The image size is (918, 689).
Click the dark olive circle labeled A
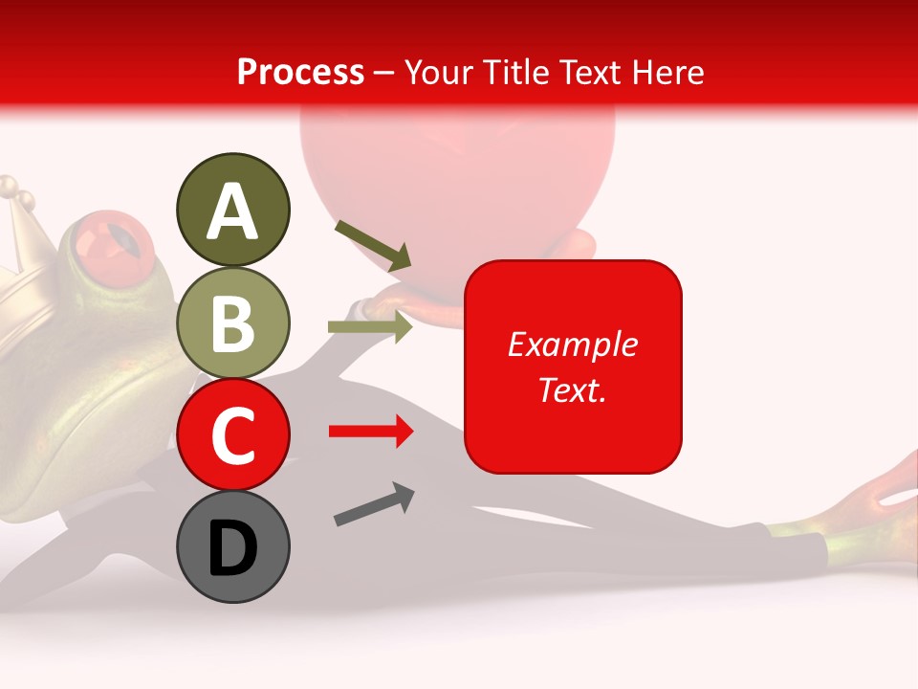point(232,210)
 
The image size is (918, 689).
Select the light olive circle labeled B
point(232,322)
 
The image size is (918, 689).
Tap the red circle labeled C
point(232,434)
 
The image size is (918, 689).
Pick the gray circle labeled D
point(232,546)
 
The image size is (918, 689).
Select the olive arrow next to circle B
point(370,327)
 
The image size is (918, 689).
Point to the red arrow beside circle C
point(370,432)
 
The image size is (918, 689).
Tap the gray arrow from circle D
point(374,504)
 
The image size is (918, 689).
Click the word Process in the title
point(300,72)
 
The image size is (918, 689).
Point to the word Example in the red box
point(572,344)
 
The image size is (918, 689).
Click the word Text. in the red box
point(572,389)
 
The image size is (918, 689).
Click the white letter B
point(232,322)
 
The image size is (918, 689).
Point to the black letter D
point(232,547)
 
